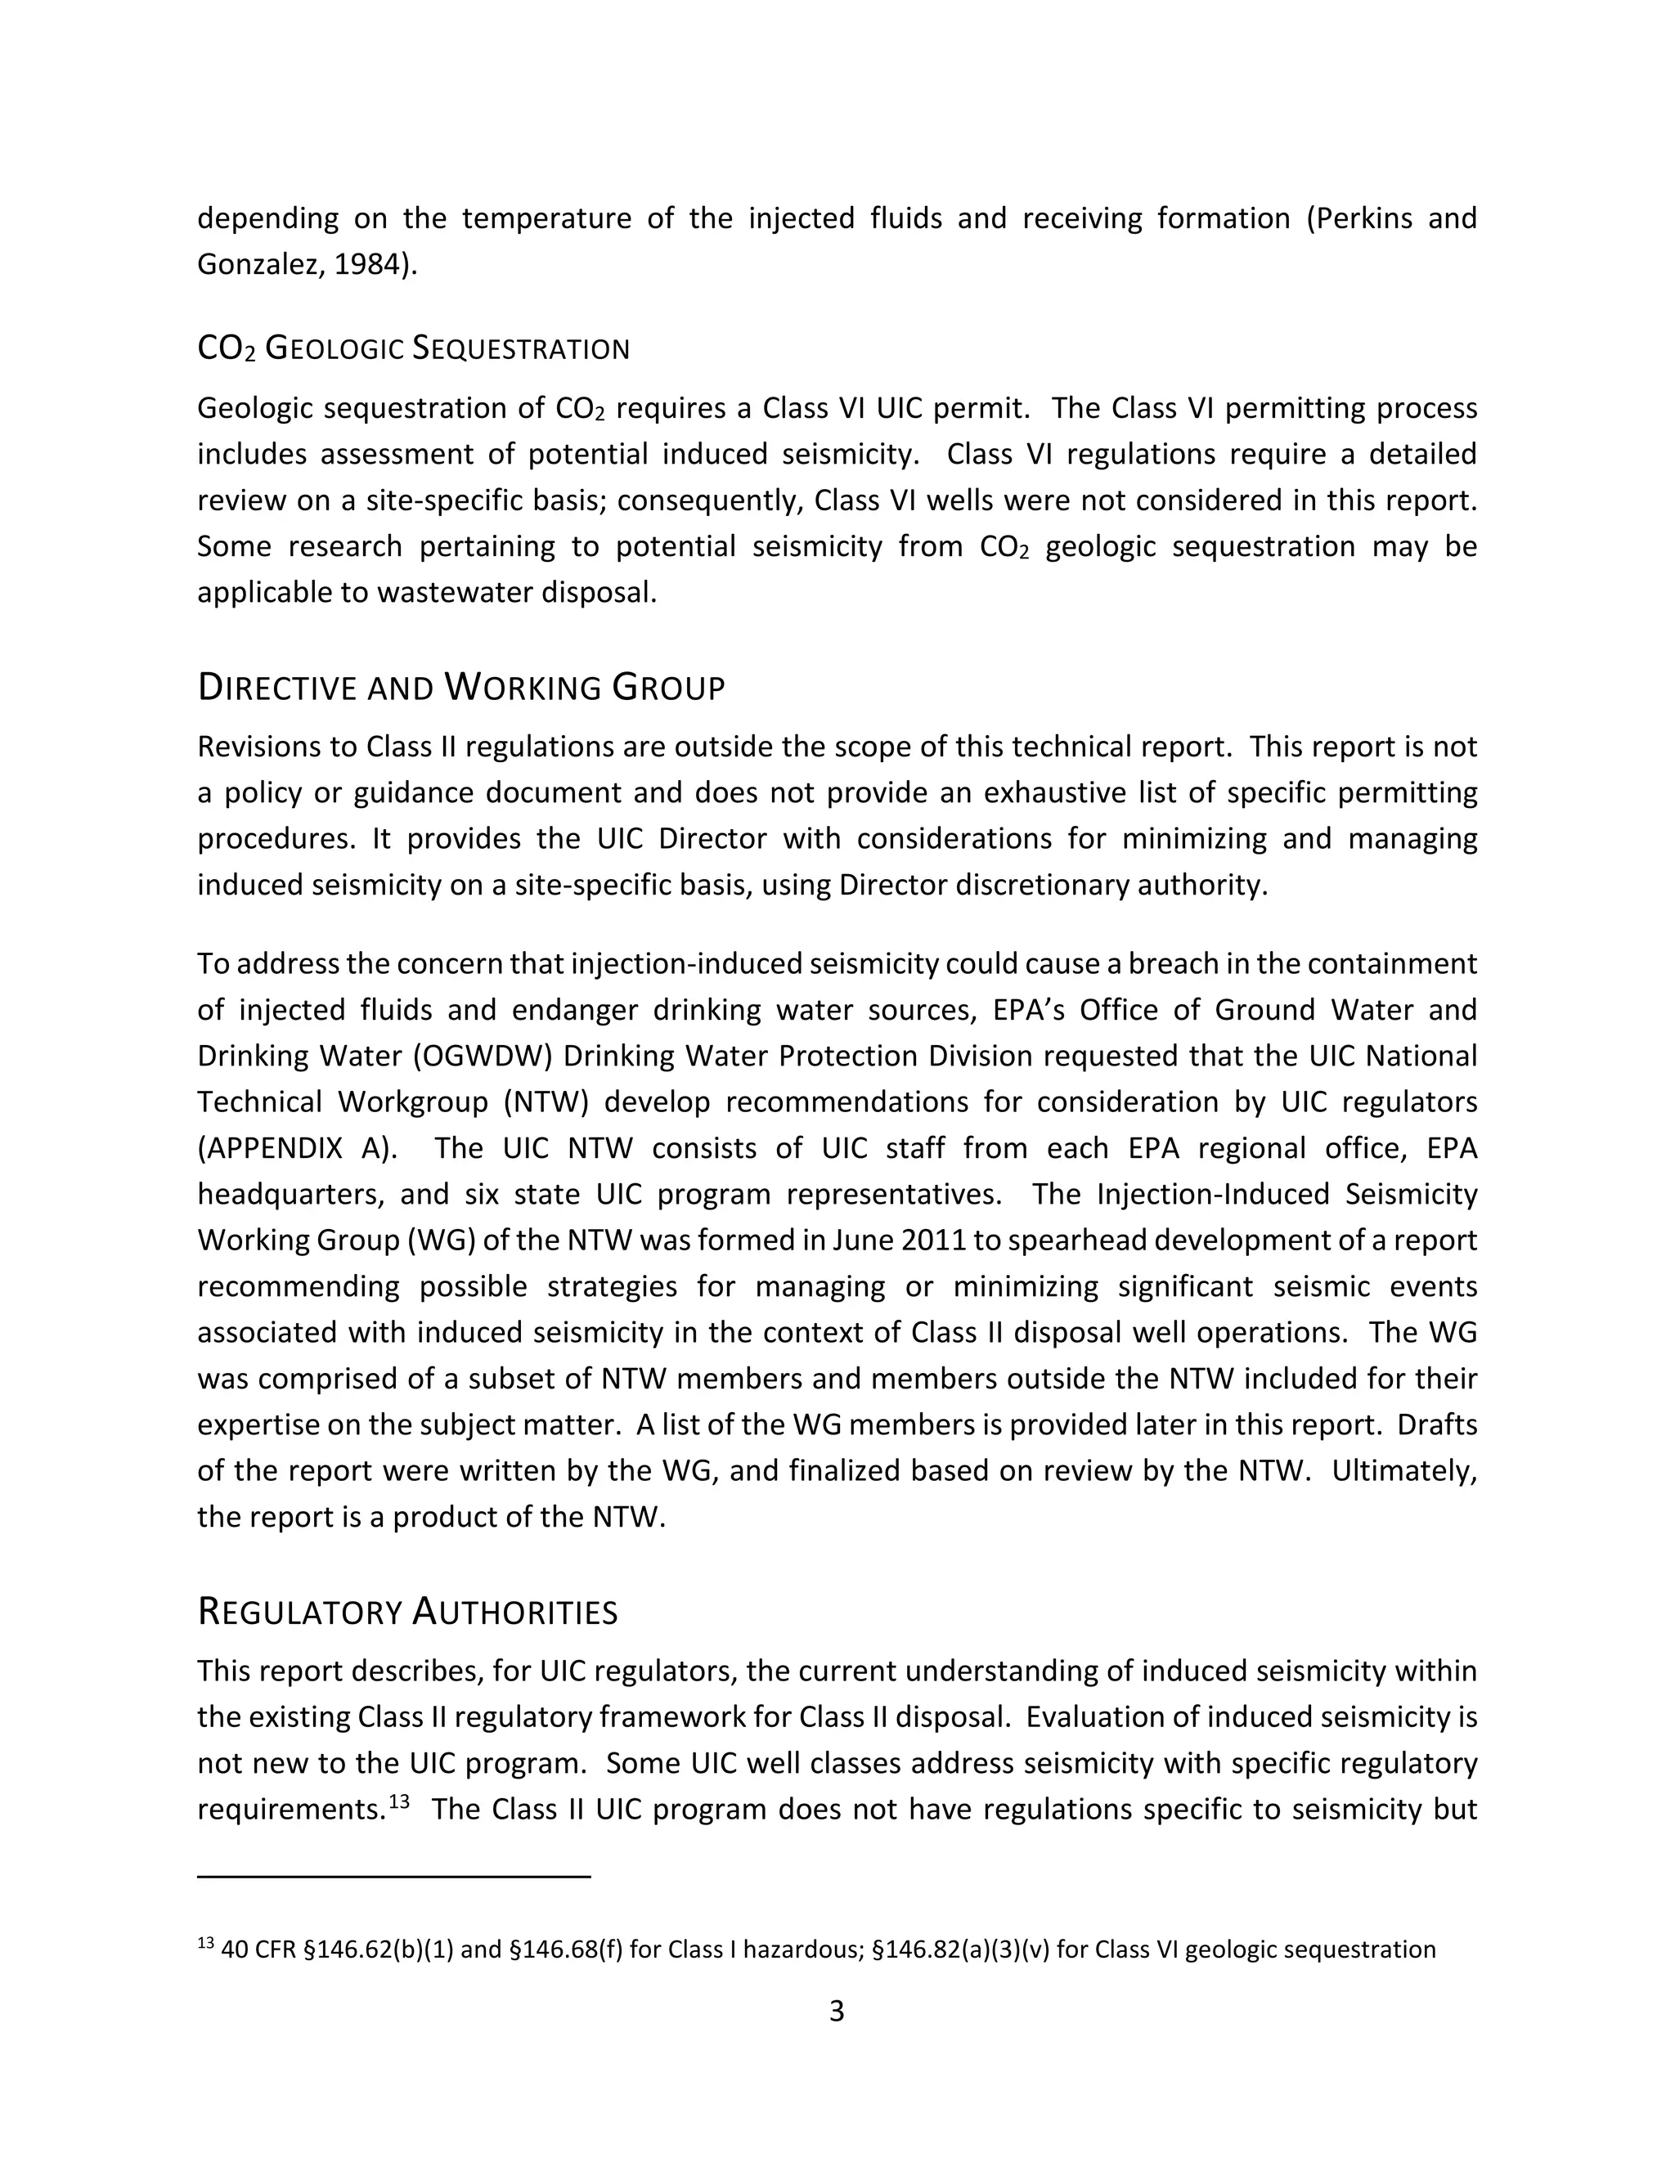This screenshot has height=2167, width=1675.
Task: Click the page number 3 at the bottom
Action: click(837, 2012)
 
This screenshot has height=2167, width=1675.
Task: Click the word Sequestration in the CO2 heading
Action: click(520, 349)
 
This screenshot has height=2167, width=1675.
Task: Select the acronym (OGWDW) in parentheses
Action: click(474, 1056)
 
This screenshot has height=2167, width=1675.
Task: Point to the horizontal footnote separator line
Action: click(394, 1876)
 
